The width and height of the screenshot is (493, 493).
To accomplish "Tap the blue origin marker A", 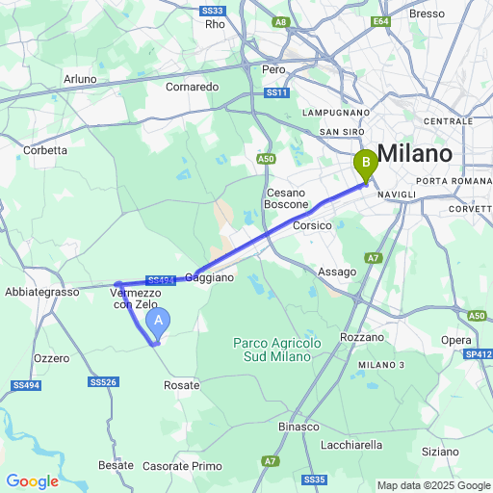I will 162,322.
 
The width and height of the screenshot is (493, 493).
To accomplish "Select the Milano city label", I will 415,154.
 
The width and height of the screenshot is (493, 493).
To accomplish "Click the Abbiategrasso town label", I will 39,291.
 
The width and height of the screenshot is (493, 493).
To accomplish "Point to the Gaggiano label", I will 209,277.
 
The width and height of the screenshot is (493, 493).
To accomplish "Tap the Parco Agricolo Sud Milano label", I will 272,350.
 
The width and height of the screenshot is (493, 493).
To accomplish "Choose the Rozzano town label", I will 362,338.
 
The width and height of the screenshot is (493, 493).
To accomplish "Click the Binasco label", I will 298,427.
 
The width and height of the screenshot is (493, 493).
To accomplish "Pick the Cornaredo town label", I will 192,86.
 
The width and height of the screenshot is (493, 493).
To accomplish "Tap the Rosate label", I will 181,385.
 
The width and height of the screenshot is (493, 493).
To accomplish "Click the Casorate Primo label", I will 182,466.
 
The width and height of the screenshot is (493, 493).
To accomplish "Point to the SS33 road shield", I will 213,10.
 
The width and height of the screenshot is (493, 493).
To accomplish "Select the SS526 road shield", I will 104,382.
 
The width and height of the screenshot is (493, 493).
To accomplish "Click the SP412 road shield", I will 479,355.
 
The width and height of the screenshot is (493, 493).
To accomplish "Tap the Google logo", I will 33,481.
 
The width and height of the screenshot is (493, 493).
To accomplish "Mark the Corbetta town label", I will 45,150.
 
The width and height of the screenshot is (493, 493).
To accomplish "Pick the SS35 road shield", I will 314,479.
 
